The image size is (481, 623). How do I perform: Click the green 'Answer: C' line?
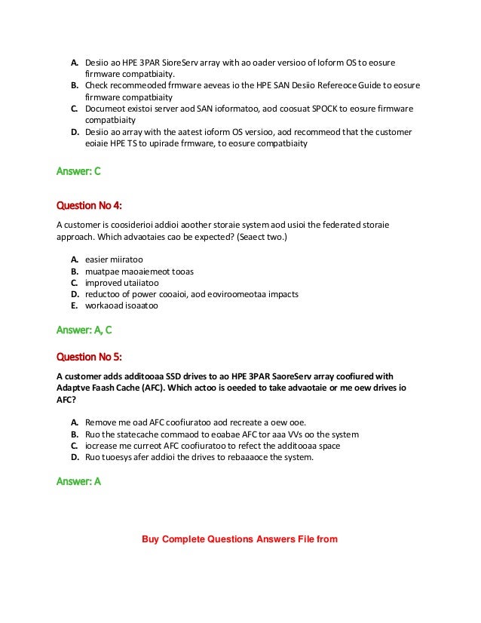pos(78,172)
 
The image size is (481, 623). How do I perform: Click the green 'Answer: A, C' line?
pos(84,330)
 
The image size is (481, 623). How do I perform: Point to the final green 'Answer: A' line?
pos(78,481)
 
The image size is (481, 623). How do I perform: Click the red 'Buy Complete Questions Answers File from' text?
pos(240,539)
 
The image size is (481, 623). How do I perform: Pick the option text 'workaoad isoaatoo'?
pos(121,305)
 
